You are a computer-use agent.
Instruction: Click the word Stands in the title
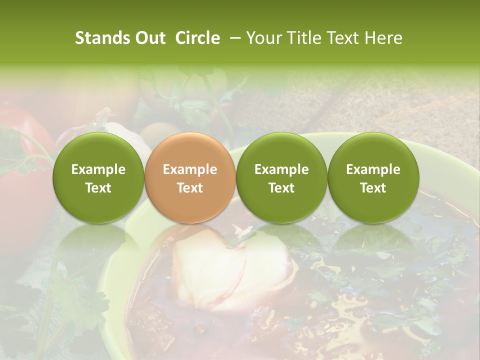[x=101, y=38]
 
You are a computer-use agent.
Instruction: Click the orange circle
[x=190, y=177]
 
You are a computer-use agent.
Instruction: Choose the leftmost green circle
[x=98, y=177]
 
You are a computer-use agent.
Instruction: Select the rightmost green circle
[x=373, y=177]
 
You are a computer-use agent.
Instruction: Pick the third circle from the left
[x=281, y=177]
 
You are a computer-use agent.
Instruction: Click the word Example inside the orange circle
[x=190, y=169]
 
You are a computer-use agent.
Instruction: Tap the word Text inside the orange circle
[x=190, y=188]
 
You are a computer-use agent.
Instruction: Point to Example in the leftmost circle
[x=98, y=169]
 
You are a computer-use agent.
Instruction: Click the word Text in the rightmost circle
[x=373, y=188]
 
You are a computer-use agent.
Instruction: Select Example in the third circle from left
[x=281, y=169]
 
